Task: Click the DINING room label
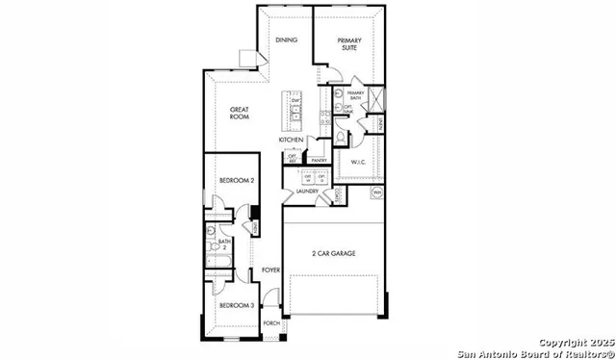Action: click(x=286, y=39)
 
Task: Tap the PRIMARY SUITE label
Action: click(x=347, y=43)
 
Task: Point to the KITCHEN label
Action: click(x=292, y=140)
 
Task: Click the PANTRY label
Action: click(x=319, y=160)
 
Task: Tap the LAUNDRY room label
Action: click(x=307, y=192)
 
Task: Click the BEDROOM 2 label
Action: click(x=236, y=180)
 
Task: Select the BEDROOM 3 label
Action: click(x=236, y=305)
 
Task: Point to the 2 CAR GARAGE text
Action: click(x=333, y=253)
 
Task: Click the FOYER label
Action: click(x=270, y=270)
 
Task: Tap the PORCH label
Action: click(x=271, y=323)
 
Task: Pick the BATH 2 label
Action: click(x=224, y=244)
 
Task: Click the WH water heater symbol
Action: click(x=377, y=193)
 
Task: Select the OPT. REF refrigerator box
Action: click(x=292, y=158)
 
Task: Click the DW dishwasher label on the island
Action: click(x=295, y=100)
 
